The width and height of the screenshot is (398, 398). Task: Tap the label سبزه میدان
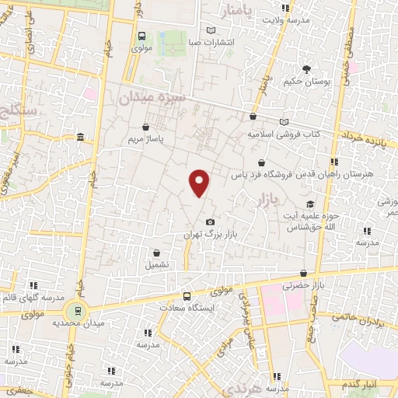click(149, 98)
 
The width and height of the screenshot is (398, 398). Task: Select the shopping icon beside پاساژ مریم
click(147, 127)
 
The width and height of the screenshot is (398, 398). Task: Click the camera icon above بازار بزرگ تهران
click(209, 222)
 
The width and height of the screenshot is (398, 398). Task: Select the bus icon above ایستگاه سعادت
click(186, 296)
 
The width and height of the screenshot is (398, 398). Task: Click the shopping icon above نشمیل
click(157, 253)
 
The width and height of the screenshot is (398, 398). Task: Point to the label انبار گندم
click(358, 386)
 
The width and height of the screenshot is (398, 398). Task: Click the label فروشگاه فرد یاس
click(260, 176)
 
